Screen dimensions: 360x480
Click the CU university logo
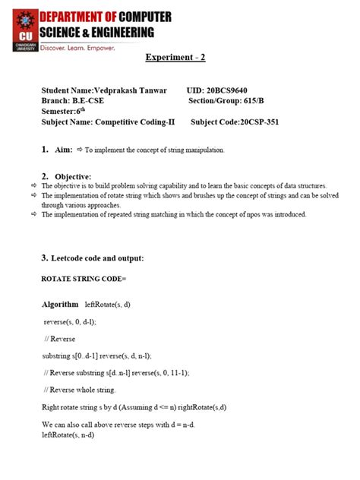pos(19,27)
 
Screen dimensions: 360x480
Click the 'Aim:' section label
pos(64,150)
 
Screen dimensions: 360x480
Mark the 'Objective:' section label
pos(73,176)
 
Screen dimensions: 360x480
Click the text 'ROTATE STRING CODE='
pos(84,279)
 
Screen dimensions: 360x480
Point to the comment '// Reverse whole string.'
pos(80,390)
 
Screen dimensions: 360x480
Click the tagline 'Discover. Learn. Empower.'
pos(77,48)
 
